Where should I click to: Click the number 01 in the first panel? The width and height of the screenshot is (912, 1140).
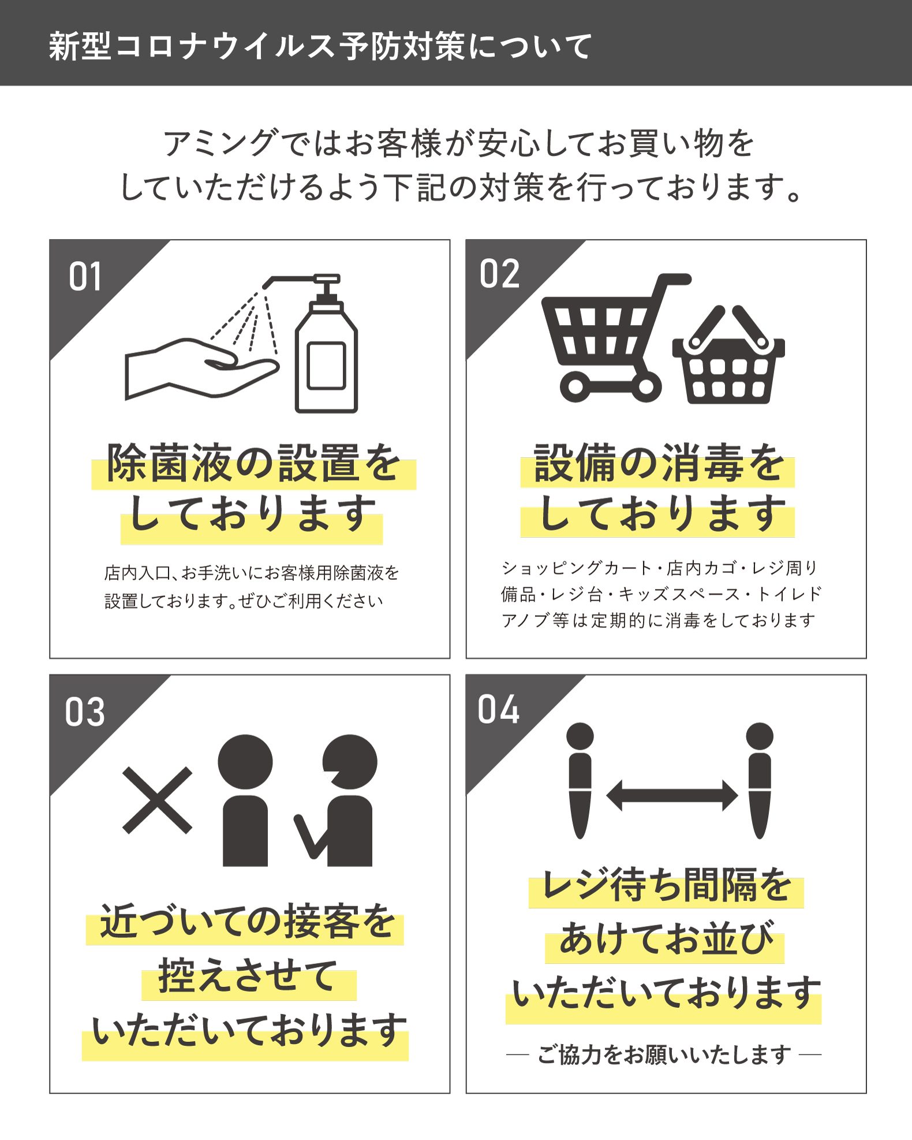[85, 277]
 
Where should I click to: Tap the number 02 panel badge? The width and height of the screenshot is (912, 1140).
[499, 274]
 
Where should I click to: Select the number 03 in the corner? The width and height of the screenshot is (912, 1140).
[85, 711]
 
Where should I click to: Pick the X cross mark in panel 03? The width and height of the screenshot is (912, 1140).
[157, 800]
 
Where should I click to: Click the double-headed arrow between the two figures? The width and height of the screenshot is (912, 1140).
[672, 795]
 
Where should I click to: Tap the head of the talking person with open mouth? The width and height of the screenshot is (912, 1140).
[349, 762]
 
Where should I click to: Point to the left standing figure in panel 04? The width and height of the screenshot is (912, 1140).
[580, 780]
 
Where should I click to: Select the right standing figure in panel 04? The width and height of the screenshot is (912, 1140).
[760, 780]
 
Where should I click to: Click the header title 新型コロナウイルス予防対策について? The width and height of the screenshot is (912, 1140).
[320, 46]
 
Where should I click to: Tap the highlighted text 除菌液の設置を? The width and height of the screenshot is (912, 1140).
[253, 464]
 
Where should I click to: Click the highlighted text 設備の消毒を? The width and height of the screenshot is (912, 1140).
[659, 463]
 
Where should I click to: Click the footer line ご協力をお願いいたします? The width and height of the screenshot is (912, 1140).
[664, 1055]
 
